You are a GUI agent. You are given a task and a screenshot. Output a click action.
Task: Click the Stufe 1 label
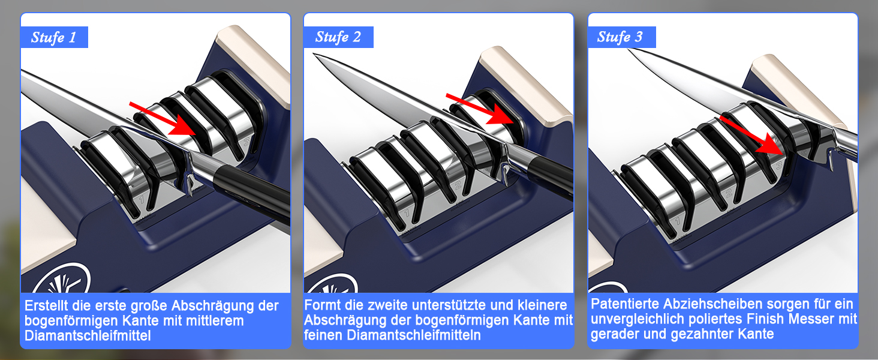pos(54,37)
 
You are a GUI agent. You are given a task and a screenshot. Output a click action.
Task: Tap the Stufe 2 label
pos(338,37)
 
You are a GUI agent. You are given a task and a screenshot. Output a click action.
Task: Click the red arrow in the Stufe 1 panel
pos(163,119)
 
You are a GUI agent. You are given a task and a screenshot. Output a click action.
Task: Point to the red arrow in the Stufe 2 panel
pos(480,109)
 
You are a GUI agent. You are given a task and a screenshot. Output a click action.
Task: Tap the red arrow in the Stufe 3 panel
pos(753,135)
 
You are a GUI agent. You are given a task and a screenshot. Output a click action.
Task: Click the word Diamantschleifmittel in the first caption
pos(88,335)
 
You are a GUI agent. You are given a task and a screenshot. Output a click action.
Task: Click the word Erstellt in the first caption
pos(48,305)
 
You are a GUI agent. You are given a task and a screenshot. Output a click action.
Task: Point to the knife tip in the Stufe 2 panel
pos(313,54)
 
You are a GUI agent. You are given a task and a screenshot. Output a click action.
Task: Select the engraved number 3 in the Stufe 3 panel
pos(778,165)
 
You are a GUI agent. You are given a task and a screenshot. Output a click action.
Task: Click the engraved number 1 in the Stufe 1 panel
pos(141,199)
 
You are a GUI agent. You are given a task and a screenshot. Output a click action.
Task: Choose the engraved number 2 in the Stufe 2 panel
pos(458,185)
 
